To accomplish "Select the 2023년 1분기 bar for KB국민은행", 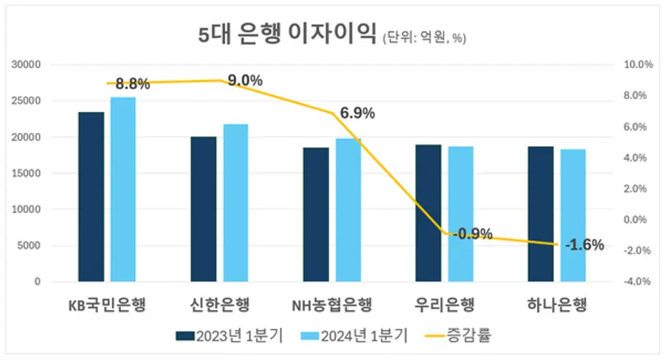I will pos(91,197).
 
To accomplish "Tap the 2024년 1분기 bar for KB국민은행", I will pos(123,190).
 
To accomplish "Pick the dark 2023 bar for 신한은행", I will pos(204,209).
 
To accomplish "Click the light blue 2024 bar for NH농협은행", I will pos(348,210).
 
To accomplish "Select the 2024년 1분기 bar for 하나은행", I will pos(573,215).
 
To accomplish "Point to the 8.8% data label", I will pos(133,84).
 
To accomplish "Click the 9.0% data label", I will pos(245,81).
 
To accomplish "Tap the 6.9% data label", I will pos(357,114).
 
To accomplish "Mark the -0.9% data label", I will pos(472,234).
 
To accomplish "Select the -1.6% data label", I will pos(584,245).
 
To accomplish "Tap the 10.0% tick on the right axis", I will pos(638,65).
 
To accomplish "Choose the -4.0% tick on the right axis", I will pos(638,282).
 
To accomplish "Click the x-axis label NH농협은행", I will pos(331,305).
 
